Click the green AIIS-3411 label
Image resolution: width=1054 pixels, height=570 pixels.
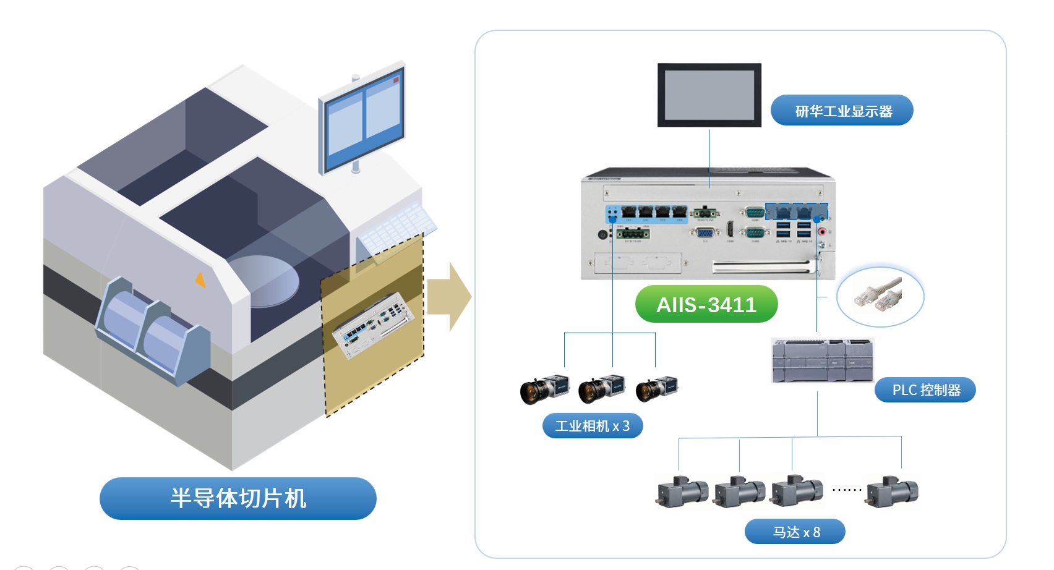point(706,304)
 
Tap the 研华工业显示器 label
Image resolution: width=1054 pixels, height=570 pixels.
point(842,111)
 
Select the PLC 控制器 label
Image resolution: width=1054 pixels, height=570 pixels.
point(925,390)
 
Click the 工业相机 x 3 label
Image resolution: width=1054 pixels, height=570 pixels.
point(592,426)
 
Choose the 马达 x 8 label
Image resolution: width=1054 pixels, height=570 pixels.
point(795,532)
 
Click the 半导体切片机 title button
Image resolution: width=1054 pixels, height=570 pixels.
point(238,498)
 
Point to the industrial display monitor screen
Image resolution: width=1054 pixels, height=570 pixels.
point(709,95)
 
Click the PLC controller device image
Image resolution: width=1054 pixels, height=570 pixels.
point(822,360)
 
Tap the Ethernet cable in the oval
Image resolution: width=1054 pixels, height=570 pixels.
point(879,295)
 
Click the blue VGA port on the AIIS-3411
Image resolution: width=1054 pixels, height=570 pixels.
point(705,233)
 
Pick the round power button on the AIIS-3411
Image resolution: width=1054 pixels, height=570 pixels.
point(602,235)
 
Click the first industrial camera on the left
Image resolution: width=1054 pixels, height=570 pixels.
point(544,389)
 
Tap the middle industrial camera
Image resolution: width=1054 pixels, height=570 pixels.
point(601,389)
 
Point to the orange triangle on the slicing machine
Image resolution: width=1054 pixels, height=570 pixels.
point(200,280)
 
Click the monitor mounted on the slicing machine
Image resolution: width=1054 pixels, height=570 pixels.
point(362,117)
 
